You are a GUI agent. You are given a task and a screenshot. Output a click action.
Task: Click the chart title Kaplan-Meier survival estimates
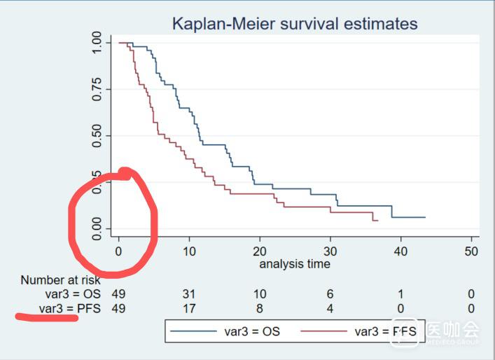tap(294, 25)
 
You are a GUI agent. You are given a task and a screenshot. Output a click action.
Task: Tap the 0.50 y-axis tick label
tap(97, 135)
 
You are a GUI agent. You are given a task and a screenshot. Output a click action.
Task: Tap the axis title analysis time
tap(294, 264)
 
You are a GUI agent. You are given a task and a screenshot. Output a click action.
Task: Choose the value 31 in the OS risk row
tap(189, 294)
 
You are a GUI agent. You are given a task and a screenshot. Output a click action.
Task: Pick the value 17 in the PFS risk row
tap(189, 308)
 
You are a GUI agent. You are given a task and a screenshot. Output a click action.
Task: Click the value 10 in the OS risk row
tap(260, 294)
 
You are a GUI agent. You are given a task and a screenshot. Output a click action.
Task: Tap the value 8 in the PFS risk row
tap(260, 308)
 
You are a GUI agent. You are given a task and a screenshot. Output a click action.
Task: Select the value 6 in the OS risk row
tap(330, 294)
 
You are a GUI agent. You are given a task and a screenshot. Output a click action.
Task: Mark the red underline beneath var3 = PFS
tap(46, 318)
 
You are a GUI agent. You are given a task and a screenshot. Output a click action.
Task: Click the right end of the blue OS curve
tap(425, 217)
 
